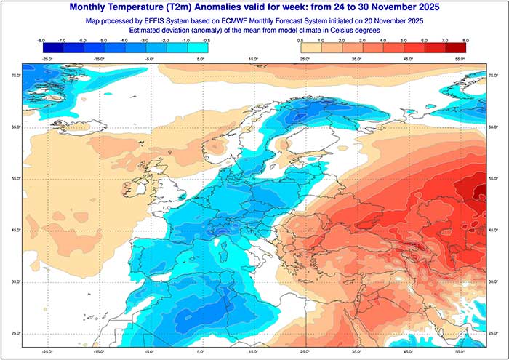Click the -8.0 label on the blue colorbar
click(42, 41)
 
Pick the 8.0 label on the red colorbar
click(465, 41)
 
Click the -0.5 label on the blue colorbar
click(208, 41)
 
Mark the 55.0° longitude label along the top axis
click(460, 58)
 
